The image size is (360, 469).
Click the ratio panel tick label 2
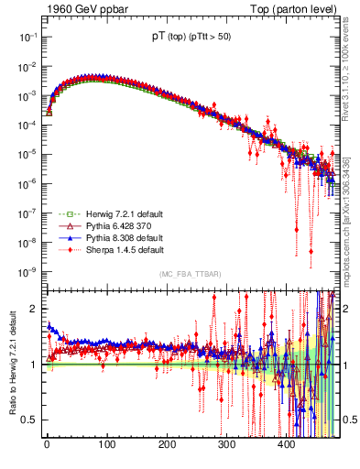34,309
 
